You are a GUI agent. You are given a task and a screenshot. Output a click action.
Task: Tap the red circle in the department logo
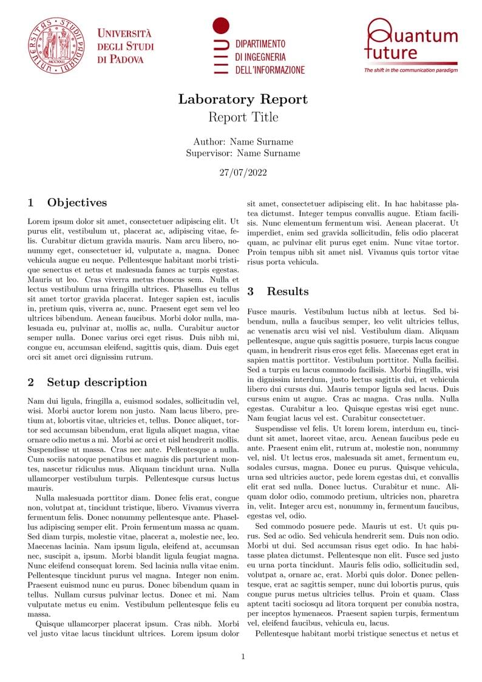click(221, 26)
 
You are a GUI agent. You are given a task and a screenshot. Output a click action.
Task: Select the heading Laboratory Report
click(243, 100)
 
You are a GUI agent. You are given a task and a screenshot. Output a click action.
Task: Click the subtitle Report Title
click(243, 117)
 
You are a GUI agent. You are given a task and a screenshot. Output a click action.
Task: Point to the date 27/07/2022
click(243, 172)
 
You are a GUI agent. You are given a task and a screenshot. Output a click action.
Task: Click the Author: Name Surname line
click(243, 142)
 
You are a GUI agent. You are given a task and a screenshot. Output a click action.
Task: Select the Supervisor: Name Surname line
click(243, 154)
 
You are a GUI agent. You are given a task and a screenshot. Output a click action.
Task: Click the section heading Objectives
click(76, 203)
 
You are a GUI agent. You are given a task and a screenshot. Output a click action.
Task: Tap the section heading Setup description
click(97, 383)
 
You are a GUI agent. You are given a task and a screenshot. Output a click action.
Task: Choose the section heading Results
click(287, 292)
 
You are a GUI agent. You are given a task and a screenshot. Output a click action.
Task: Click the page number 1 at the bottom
click(243, 656)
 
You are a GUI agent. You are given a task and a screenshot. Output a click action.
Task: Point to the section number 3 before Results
click(250, 292)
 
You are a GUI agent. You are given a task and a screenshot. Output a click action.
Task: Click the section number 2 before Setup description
click(31, 383)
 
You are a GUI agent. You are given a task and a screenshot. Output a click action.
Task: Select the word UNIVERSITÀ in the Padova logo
click(124, 33)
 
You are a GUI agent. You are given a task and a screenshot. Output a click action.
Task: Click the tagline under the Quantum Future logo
click(410, 70)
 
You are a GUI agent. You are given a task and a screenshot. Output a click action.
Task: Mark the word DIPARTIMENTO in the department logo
click(260, 44)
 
